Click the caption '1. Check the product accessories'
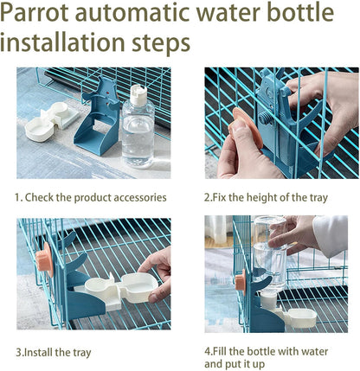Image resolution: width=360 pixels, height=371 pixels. [x=91, y=197]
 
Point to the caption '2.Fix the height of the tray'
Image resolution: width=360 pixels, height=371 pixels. [x=266, y=197]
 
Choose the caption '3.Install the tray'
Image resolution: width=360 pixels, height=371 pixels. [x=53, y=352]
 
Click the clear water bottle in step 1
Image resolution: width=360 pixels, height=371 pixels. [x=138, y=134]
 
